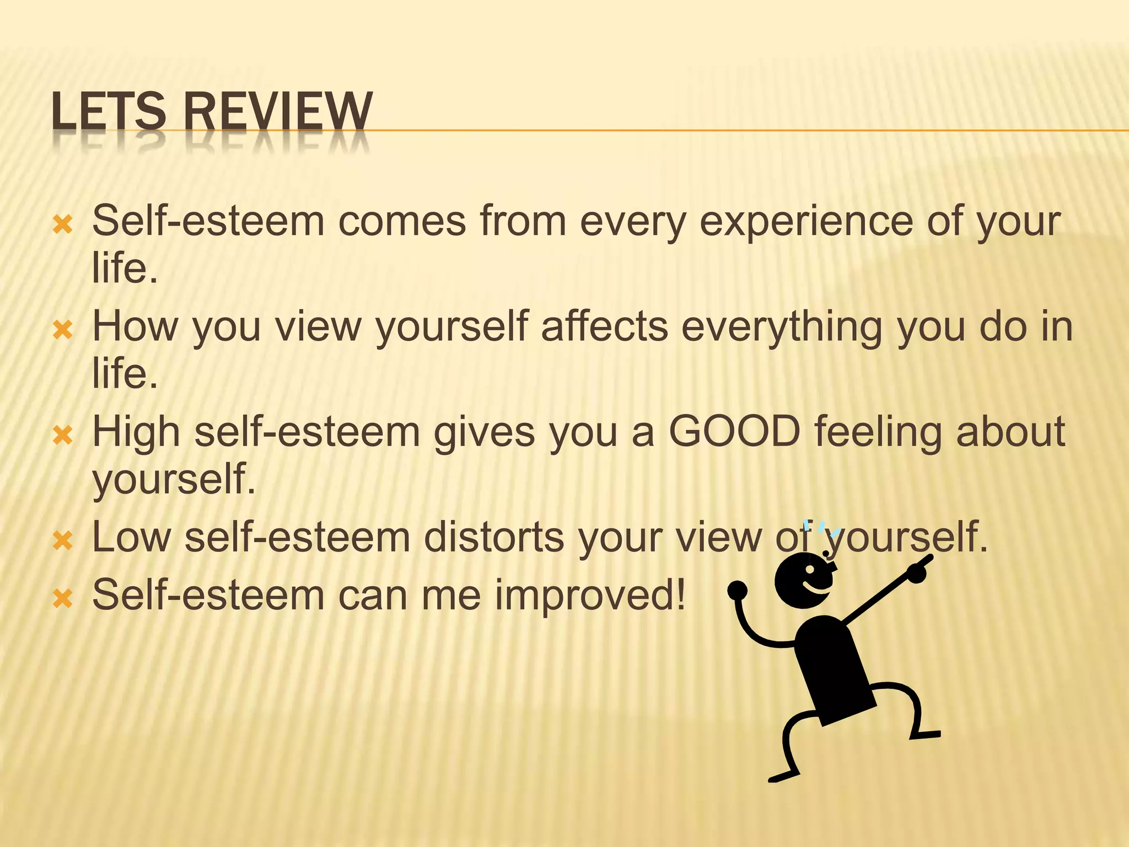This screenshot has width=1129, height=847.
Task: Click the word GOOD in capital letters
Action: click(x=734, y=432)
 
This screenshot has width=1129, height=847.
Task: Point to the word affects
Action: click(x=604, y=326)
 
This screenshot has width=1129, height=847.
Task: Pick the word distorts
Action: click(x=494, y=537)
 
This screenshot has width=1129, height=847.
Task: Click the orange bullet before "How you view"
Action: click(x=62, y=330)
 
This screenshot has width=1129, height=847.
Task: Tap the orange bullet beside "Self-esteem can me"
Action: click(x=62, y=598)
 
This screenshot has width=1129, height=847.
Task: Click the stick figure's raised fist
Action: click(x=737, y=590)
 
